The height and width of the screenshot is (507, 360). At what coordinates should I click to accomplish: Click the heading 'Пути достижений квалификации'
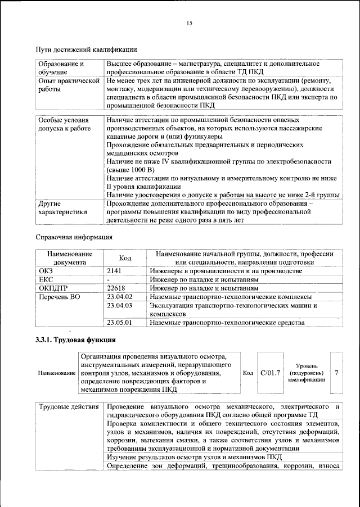coord(87,51)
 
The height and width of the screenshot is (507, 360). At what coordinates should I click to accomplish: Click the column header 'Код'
coord(125,257)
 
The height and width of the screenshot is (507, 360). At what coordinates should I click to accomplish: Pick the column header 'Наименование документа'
coord(70,257)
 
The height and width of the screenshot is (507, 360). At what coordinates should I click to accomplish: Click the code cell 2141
coord(115,270)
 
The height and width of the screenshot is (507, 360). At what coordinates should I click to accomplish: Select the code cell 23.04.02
coord(119,296)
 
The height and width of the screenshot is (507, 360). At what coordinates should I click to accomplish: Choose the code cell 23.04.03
coord(119,305)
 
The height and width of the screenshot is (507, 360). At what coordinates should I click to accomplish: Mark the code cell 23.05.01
coord(119,322)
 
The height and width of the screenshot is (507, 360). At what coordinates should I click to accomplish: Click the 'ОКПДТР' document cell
coord(53,288)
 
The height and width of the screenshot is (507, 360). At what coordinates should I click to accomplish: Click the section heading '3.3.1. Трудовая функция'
coord(76,340)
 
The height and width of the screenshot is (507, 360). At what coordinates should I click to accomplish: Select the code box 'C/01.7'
coord(270,372)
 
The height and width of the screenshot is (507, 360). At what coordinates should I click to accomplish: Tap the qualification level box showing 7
coord(336,372)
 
